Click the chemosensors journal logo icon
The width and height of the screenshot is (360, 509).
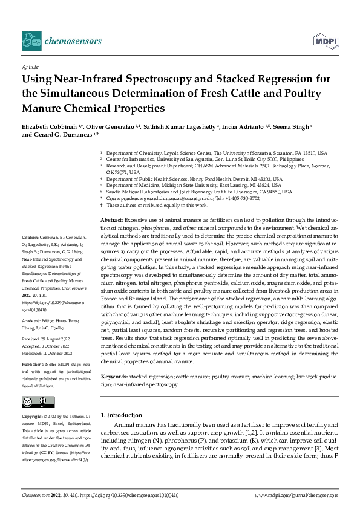point(31,41)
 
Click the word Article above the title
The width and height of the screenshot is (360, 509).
point(30,67)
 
